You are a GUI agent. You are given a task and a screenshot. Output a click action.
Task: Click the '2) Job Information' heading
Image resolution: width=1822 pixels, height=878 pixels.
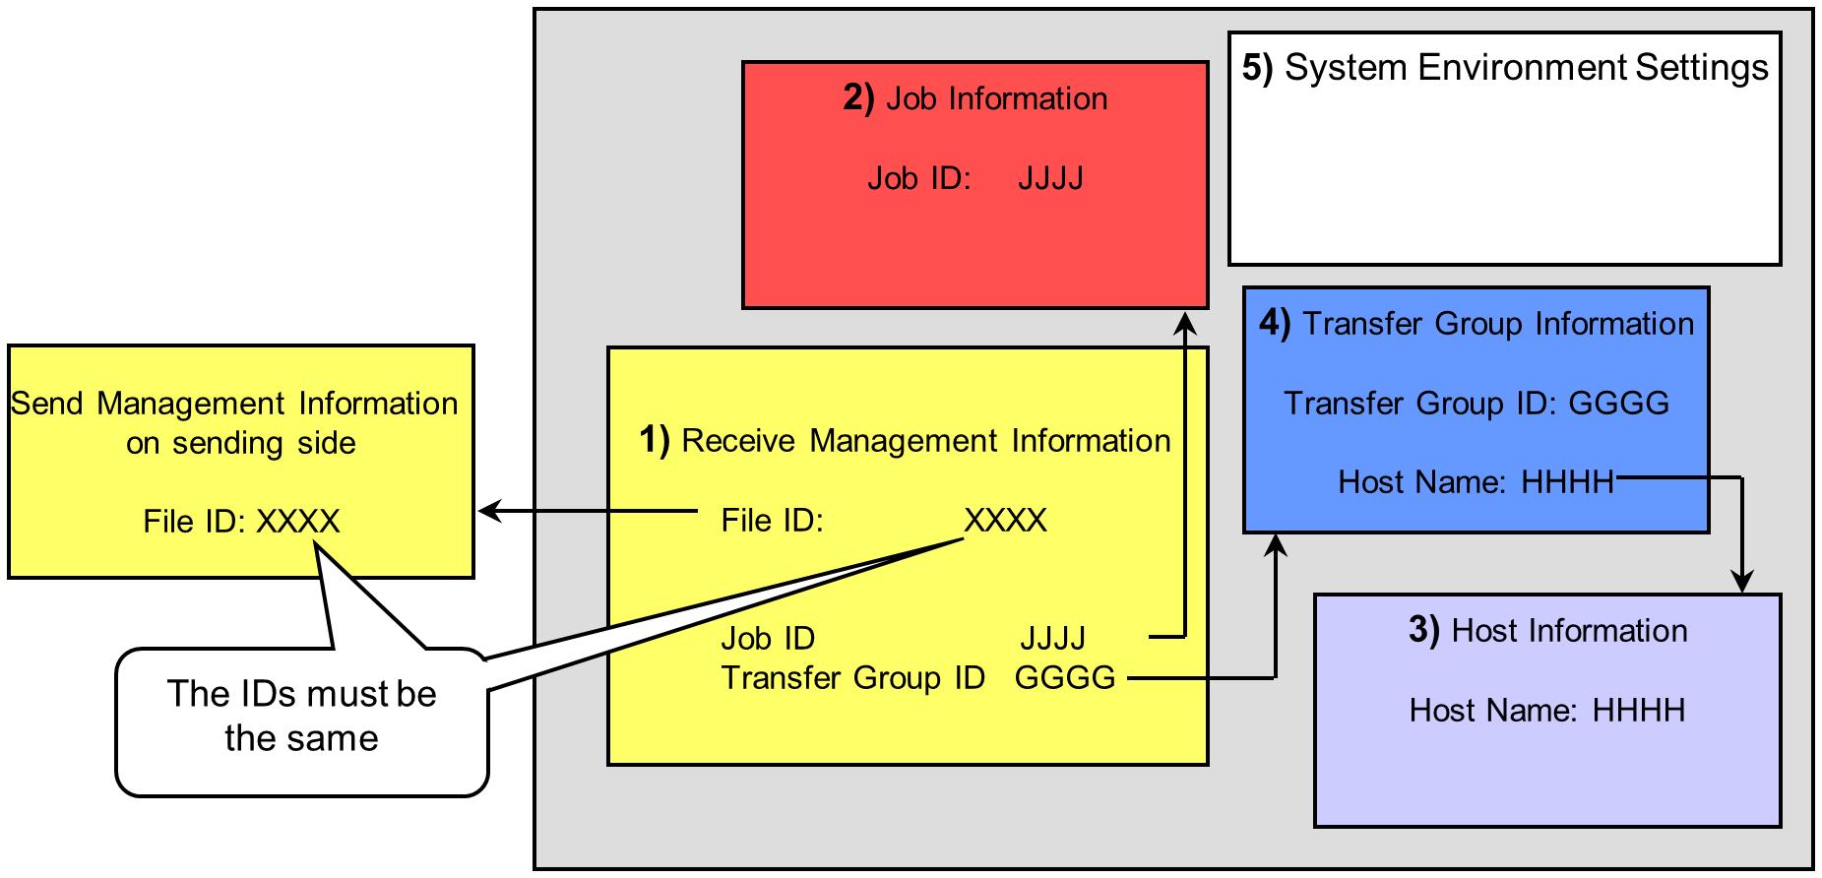click(x=974, y=98)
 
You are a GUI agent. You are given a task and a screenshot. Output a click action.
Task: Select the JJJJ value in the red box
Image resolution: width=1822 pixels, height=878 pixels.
click(x=1050, y=178)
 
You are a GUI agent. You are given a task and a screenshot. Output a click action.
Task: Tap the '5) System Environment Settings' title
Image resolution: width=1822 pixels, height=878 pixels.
click(x=1504, y=67)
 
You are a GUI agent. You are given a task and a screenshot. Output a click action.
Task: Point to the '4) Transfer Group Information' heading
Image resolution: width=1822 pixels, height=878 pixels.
click(x=1476, y=324)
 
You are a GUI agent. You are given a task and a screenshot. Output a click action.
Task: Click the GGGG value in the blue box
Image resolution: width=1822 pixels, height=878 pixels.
click(x=1618, y=403)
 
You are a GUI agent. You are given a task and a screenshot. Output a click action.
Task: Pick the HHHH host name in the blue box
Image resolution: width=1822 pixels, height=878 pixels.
click(x=1567, y=481)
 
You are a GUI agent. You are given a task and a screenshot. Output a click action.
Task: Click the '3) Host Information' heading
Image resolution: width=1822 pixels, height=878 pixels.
click(x=1547, y=630)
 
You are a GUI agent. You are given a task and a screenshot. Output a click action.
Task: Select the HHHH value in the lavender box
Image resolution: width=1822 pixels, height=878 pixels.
click(x=1638, y=710)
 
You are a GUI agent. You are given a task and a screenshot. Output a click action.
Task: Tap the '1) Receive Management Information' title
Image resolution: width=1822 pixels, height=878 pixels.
click(x=906, y=440)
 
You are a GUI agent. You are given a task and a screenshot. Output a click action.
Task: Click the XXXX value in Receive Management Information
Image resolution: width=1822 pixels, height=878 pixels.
click(x=1005, y=520)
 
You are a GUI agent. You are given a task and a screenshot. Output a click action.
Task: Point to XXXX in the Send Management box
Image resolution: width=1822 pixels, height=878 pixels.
click(x=297, y=521)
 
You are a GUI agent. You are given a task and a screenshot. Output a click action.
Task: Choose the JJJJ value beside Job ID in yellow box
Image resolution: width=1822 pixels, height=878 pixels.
click(x=1052, y=638)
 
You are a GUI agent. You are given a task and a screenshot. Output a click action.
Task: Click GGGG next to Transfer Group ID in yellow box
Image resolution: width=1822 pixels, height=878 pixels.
click(x=1065, y=677)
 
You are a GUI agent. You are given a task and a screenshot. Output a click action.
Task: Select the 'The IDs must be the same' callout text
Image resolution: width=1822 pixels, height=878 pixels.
click(x=301, y=716)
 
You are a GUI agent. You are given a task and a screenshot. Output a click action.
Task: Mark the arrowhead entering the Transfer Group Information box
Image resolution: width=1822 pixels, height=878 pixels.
click(x=1276, y=544)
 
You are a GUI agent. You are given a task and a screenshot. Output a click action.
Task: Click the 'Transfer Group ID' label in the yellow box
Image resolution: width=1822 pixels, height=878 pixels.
click(x=852, y=677)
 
